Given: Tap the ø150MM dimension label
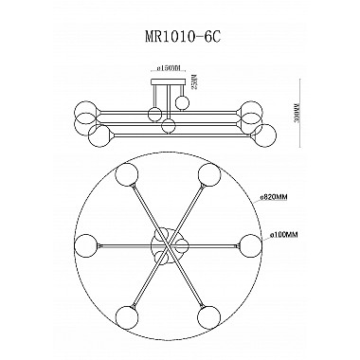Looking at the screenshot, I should click(x=163, y=70).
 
